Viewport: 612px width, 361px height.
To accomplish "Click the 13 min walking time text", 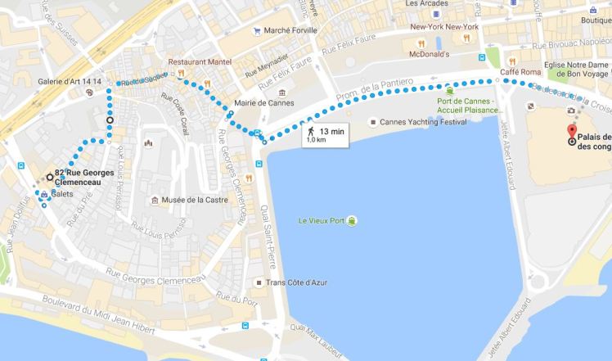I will point(331,130).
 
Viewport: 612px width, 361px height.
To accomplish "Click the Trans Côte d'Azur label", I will point(302,282).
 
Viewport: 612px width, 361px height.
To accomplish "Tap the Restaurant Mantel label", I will point(200,61).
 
